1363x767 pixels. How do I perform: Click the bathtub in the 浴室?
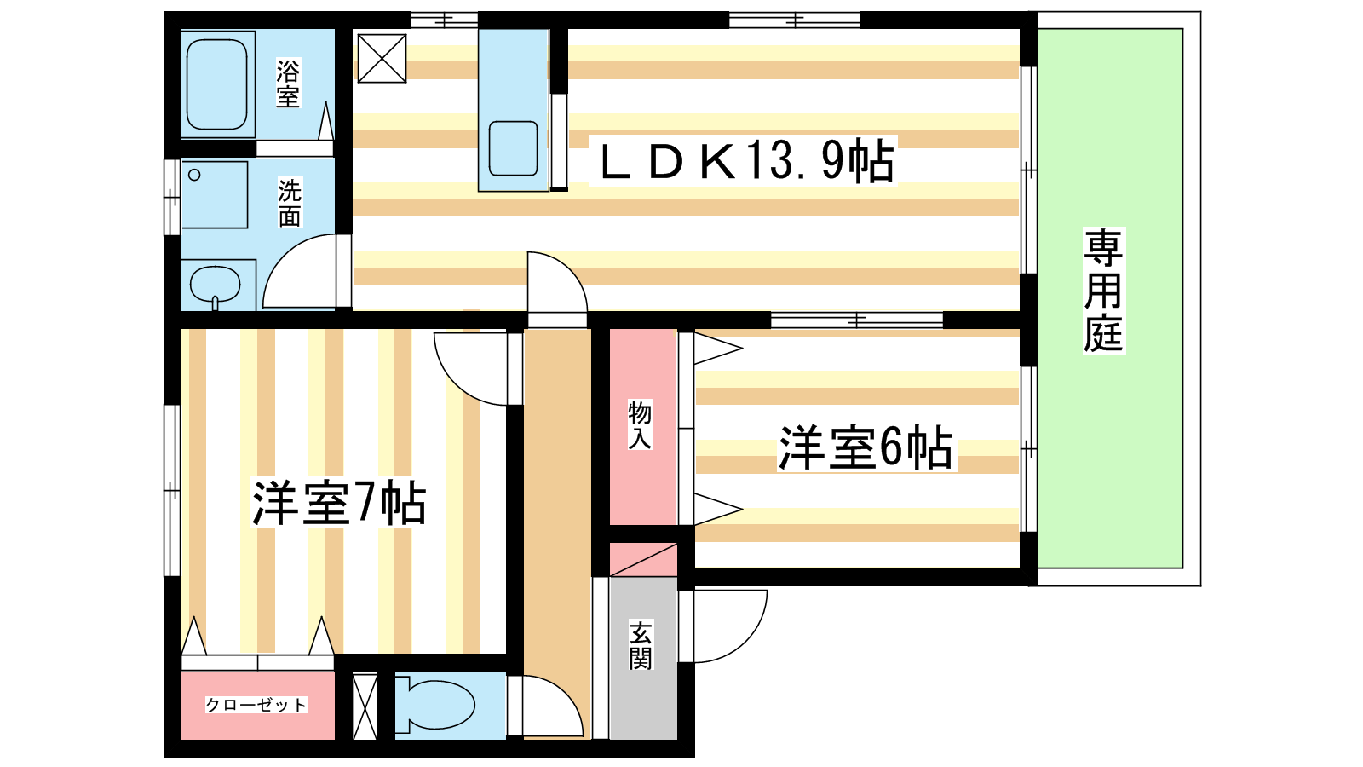tap(217, 84)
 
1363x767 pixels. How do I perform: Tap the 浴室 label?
tap(288, 84)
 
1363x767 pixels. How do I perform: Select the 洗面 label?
tap(290, 203)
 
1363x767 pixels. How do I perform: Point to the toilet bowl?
tap(437, 706)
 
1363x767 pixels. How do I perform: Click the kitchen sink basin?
tap(513, 148)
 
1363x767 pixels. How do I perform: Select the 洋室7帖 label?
tap(339, 503)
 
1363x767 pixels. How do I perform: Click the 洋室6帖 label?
tap(866, 447)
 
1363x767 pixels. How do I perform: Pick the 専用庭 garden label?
tap(1103, 291)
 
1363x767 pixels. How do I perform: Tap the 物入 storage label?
tap(640, 425)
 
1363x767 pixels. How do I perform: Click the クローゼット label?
tap(256, 705)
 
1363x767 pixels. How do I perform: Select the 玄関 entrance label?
tap(641, 645)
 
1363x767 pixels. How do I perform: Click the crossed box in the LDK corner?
tap(382, 59)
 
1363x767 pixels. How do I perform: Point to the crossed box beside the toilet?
tap(365, 706)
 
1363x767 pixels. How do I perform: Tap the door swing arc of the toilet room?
tap(564, 693)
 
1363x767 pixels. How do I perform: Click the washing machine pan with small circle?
tap(215, 195)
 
